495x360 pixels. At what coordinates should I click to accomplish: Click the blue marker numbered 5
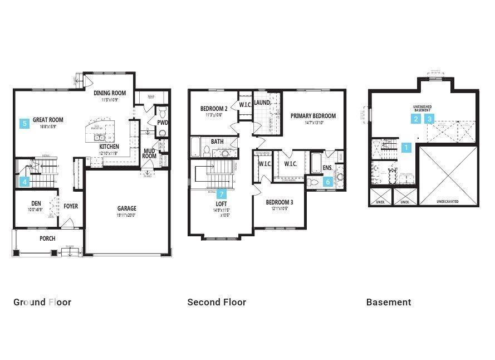(x=24, y=124)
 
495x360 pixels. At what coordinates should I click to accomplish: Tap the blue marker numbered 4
(x=24, y=181)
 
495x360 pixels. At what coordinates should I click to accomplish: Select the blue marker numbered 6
(x=328, y=181)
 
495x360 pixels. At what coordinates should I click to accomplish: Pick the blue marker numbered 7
(x=222, y=194)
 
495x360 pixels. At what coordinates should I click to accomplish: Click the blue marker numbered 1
(x=406, y=148)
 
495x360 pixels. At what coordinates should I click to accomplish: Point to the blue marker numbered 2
(x=416, y=119)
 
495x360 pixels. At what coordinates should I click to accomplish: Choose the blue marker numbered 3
(x=429, y=119)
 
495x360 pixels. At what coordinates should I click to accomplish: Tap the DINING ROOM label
(x=109, y=93)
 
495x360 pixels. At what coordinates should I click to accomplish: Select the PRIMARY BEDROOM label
(x=313, y=116)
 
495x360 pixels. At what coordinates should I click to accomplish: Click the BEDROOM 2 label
(x=213, y=109)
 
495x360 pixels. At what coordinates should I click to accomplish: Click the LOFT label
(x=221, y=204)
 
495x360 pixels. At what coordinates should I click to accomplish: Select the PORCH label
(x=47, y=238)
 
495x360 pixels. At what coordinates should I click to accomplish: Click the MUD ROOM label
(x=149, y=153)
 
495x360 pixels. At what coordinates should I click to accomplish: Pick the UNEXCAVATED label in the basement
(x=448, y=201)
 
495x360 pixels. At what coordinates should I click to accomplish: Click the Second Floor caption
(x=217, y=302)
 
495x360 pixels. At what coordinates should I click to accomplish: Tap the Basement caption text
(x=389, y=302)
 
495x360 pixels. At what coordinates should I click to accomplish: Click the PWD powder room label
(x=162, y=123)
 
